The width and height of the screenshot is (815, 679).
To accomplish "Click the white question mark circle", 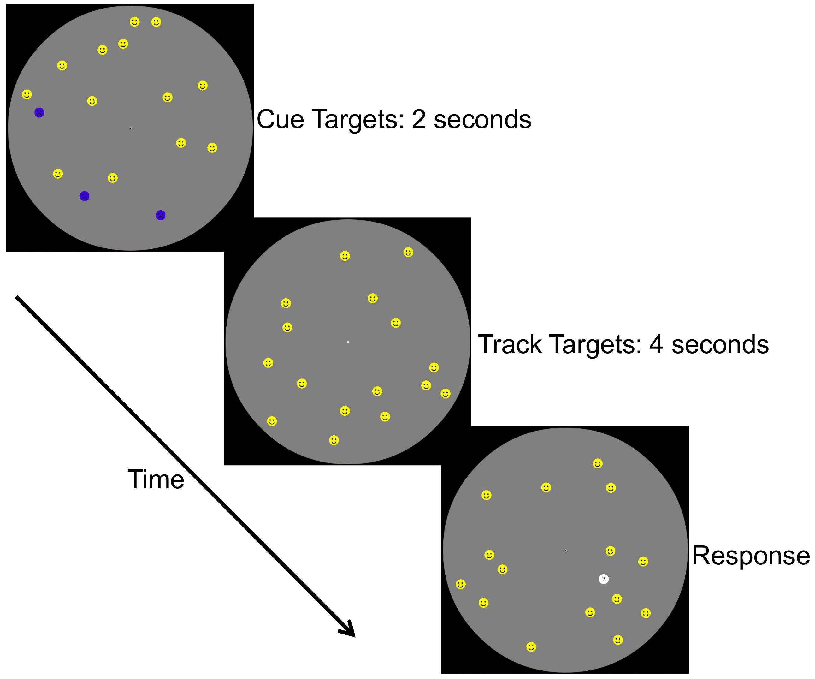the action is tap(604, 579).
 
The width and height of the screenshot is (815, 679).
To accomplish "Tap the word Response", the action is tap(751, 556).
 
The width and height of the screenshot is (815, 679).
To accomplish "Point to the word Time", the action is tap(156, 479).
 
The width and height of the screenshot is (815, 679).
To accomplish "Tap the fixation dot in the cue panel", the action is tap(130, 128).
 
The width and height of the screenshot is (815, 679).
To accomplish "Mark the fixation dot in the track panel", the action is tap(348, 342).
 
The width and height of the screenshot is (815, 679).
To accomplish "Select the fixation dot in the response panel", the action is tap(565, 551).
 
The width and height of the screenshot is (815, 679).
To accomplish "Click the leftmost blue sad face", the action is tap(39, 113).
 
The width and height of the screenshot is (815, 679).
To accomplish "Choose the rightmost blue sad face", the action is tap(161, 215).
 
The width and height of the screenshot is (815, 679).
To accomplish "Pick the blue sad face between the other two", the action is tap(84, 196).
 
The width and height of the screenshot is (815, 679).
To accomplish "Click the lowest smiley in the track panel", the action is tap(334, 440).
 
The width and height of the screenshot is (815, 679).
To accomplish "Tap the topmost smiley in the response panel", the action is tap(598, 463).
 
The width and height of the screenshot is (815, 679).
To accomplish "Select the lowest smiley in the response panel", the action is tap(531, 647).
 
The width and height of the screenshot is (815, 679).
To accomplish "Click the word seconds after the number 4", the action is tap(720, 345).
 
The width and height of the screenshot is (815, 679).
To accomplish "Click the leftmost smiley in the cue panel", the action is tap(27, 94).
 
